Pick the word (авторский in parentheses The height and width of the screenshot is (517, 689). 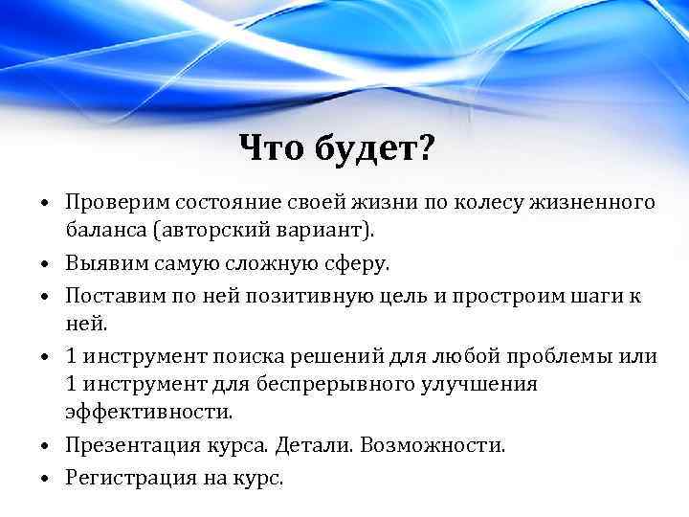click(210, 231)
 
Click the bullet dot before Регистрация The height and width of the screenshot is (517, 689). click(46, 476)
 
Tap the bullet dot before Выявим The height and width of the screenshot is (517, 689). click(46, 263)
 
